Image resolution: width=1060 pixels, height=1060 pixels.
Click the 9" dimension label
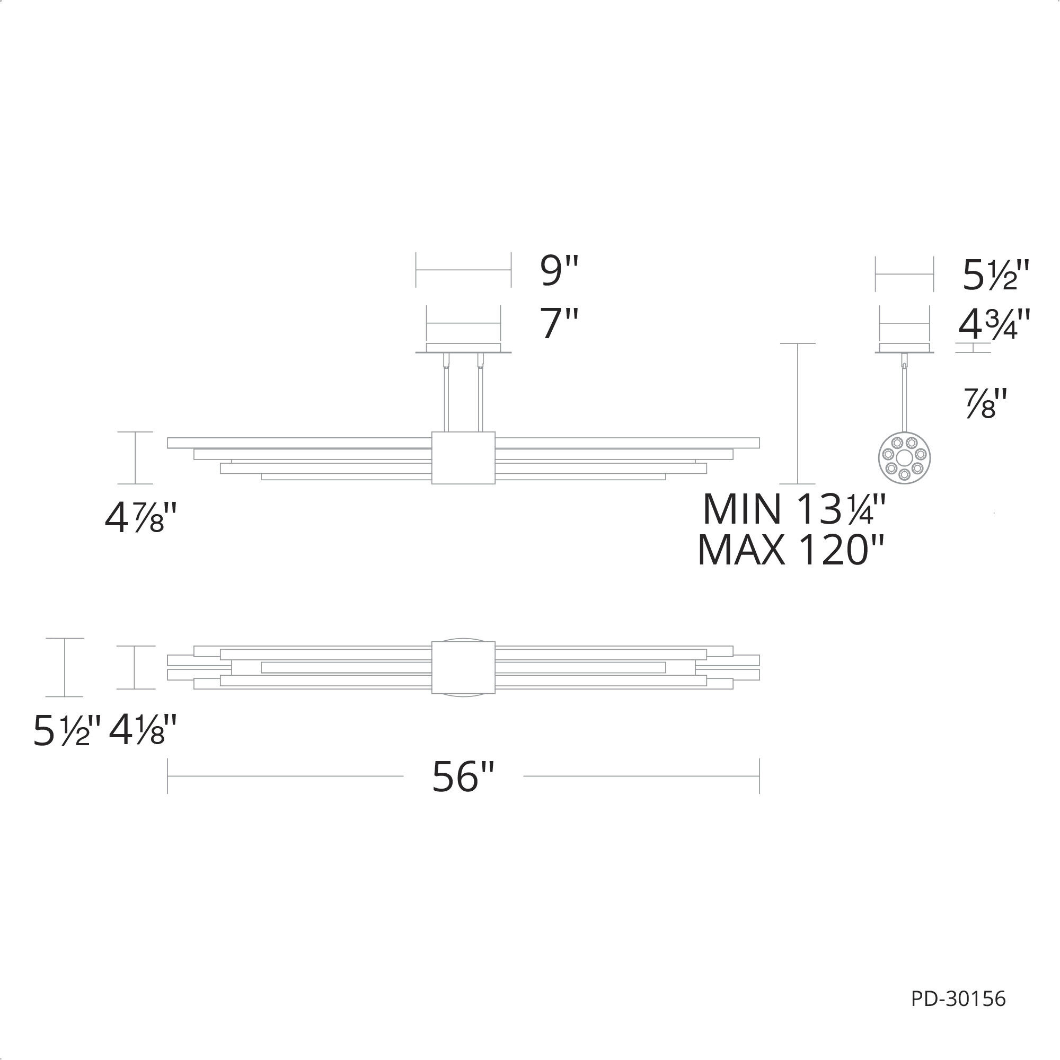pos(559,271)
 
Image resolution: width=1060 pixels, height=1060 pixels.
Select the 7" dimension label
pos(559,324)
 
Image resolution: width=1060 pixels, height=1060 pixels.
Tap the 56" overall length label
pos(464,777)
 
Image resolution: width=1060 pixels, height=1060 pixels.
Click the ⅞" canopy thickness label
pos(986,404)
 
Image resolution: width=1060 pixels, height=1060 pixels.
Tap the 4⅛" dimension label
pos(143,730)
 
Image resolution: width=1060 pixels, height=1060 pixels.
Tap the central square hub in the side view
pos(463,457)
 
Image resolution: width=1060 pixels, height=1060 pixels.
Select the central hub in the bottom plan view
pos(463,667)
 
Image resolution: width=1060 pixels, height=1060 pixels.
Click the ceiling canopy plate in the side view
pos(464,349)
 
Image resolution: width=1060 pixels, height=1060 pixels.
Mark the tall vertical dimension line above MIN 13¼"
pos(798,414)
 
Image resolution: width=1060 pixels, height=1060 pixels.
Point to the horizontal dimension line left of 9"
pos(464,269)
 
